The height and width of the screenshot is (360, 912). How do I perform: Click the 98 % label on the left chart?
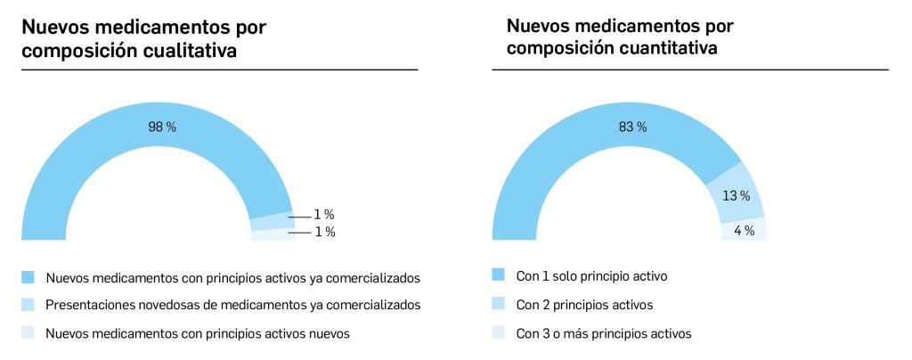pos(161,127)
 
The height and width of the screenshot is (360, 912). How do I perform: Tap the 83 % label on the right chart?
pos(632,127)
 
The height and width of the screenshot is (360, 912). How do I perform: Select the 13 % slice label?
pos(736,196)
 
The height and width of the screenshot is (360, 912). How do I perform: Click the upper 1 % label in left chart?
pos(323,215)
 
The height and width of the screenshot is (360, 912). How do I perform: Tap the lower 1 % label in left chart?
pos(323,232)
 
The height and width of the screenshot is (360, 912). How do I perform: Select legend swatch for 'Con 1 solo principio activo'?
pos(498,275)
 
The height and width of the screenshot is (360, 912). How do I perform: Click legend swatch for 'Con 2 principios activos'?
pos(498,304)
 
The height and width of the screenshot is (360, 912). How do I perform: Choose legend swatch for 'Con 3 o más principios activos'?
pos(498,333)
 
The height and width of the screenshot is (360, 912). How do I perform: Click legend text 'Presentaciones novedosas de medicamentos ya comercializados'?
pos(232,305)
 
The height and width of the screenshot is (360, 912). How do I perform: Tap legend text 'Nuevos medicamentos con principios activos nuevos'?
pos(197,333)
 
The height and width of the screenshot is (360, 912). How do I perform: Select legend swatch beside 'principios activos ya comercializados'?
pos(28,277)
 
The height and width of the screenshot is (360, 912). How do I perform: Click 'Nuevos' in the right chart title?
pos(535,27)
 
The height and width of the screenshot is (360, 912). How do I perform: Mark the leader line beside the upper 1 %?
pos(297,216)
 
